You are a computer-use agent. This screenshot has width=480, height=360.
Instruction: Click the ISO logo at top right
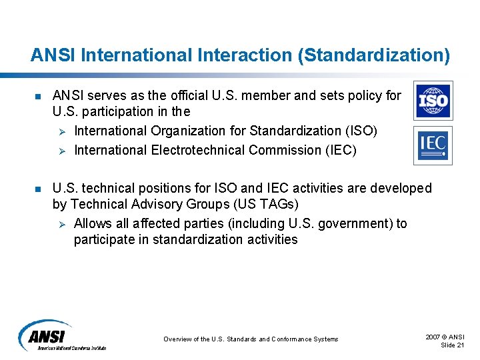(x=433, y=101)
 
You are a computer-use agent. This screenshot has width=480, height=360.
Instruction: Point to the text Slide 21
(x=453, y=345)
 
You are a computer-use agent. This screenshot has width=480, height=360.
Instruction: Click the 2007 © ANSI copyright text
(x=445, y=337)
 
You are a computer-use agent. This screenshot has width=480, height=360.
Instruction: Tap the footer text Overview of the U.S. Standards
(x=251, y=339)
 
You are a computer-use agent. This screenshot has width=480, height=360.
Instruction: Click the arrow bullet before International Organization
(x=60, y=132)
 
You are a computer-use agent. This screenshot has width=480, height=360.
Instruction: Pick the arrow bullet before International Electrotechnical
(x=60, y=151)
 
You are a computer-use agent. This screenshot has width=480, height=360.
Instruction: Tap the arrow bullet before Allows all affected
(x=60, y=224)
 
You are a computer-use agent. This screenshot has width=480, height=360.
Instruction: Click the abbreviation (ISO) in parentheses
(x=361, y=131)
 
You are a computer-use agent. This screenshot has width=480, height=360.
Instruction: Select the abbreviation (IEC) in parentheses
(x=340, y=150)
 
